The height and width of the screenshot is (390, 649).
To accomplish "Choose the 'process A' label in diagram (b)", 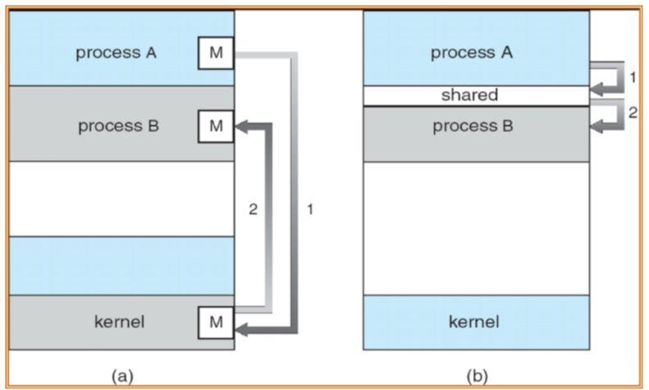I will click(476, 55).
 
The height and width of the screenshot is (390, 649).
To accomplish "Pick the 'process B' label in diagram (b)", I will click(476, 128).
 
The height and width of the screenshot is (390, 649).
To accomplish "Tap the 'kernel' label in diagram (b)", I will click(476, 321).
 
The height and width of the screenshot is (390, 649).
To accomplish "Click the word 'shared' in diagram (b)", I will click(476, 95).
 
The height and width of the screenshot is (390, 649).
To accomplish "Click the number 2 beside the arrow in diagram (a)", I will click(254, 209).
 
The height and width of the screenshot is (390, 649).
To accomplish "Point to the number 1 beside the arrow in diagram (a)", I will click(309, 209).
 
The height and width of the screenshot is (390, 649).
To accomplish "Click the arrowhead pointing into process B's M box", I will click(242, 126).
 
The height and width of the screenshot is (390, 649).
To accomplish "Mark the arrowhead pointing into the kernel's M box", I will click(242, 329).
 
